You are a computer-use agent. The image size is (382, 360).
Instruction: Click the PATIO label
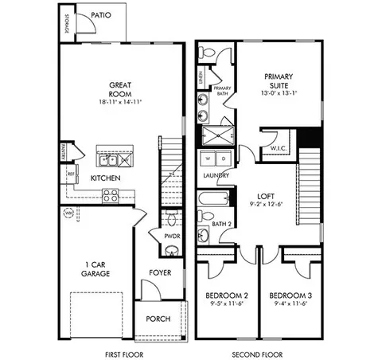point(100,15)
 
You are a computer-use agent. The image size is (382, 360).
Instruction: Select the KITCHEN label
point(105,178)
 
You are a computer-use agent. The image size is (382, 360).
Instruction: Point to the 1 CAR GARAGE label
point(98,268)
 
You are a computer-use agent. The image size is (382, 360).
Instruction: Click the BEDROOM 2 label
point(224,295)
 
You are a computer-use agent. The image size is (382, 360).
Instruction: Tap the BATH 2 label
point(220,224)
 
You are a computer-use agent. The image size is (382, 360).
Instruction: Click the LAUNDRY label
point(217,174)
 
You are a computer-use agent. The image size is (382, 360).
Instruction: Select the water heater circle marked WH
point(69,213)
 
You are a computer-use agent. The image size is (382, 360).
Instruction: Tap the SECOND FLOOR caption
point(258,350)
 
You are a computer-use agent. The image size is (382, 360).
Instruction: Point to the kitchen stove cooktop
point(110,194)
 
